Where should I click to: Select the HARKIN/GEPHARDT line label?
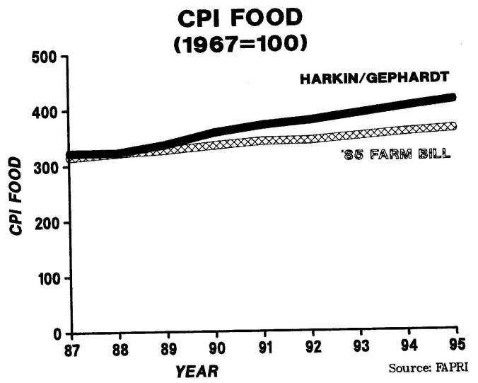pyautogui.click(x=374, y=79)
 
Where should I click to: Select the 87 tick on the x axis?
pyautogui.click(x=71, y=348)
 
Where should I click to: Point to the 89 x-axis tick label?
pyautogui.click(x=168, y=348)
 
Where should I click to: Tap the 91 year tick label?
pyautogui.click(x=264, y=348)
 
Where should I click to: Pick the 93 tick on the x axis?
pyautogui.click(x=361, y=348)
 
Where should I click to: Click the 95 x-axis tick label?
pyautogui.click(x=456, y=348)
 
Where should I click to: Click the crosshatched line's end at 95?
pyautogui.click(x=453, y=126)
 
